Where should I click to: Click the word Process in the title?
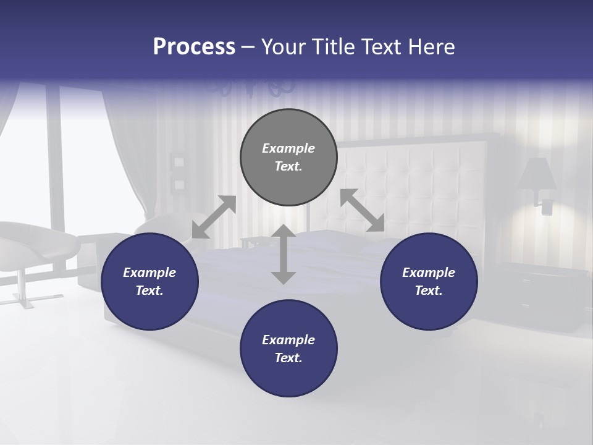point(194,47)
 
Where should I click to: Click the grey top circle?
point(288,158)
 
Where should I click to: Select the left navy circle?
point(149,282)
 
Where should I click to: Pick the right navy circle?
point(429,282)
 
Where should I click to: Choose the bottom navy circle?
point(288,349)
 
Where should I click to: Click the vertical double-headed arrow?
point(284,254)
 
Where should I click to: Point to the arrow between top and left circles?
point(214,217)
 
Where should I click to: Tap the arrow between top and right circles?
point(362,210)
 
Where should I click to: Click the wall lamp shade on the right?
point(537,175)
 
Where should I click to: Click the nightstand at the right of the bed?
point(537,294)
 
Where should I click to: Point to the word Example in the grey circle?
point(288,148)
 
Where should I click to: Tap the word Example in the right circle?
point(429,273)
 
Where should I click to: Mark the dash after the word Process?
point(248,48)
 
